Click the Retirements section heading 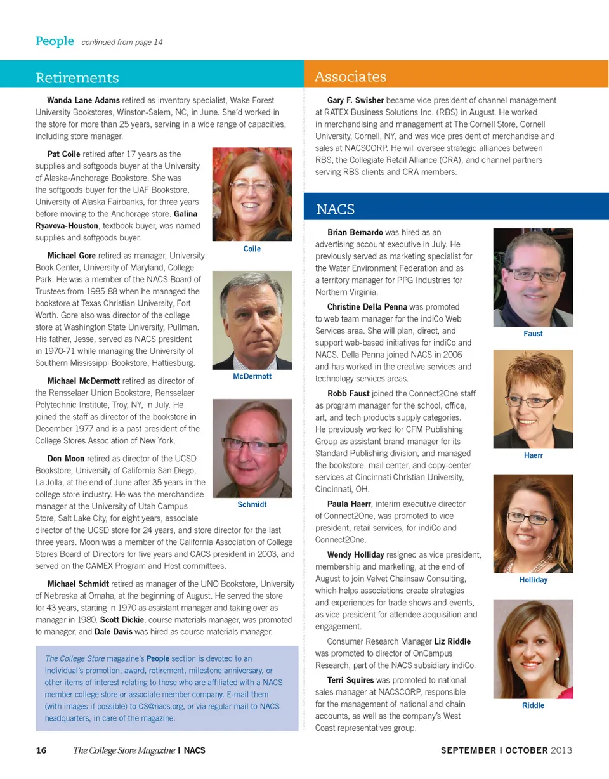coord(77,78)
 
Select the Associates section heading coord(350,77)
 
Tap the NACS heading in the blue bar coord(335,209)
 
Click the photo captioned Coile coord(252,194)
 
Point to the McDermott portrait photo coord(252,320)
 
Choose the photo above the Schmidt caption coord(252,448)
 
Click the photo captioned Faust coord(533,277)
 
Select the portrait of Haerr coord(533,399)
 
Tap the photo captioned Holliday coord(533,523)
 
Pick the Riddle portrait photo coord(533,649)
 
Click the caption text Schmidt coord(252,505)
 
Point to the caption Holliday coord(533,580)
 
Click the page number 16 coord(41,751)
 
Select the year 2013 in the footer coord(561,751)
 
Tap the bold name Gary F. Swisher coord(355,100)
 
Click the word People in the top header coord(55,41)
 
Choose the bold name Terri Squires coord(351,680)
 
